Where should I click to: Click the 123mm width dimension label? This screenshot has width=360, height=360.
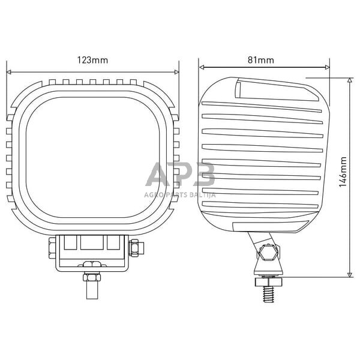tap(92, 60)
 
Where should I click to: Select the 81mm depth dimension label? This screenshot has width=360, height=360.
tap(260, 60)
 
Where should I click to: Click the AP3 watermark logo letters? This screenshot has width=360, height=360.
tap(180, 175)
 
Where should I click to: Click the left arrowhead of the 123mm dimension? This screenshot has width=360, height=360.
tap(9, 71)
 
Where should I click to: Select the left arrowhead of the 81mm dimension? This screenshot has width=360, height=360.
tap(202, 67)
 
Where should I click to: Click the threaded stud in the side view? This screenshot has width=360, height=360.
tap(268, 294)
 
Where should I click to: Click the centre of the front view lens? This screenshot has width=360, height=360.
tap(92, 149)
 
